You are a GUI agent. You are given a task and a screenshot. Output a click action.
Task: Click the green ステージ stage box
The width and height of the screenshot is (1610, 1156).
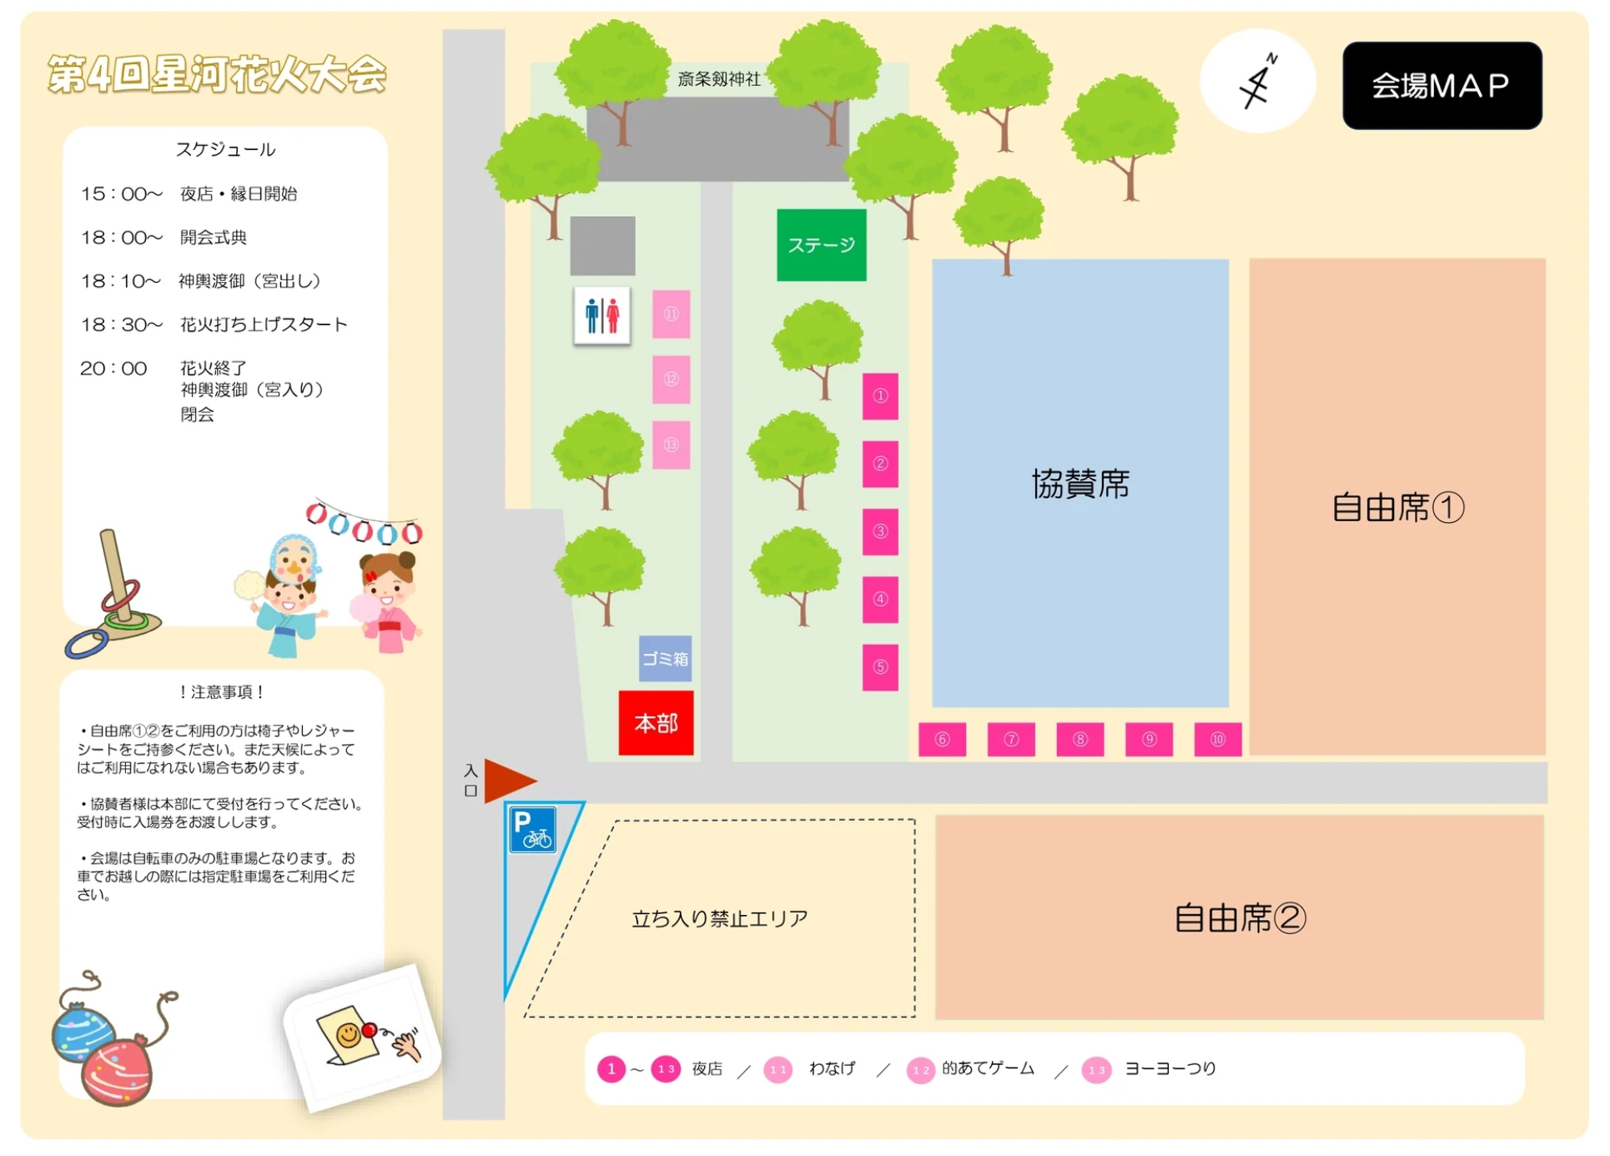pyautogui.click(x=821, y=245)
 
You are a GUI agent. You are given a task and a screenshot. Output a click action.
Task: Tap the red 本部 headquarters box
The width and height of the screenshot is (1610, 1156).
pyautogui.click(x=656, y=723)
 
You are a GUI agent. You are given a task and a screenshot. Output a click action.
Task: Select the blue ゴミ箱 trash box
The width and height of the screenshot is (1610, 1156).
pyautogui.click(x=665, y=659)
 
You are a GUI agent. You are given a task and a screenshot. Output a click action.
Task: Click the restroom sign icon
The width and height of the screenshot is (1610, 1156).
pyautogui.click(x=602, y=316)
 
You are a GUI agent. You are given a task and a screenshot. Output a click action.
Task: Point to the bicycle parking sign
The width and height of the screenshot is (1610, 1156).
pyautogui.click(x=532, y=830)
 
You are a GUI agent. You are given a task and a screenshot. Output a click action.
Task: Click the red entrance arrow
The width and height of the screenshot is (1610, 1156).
pyautogui.click(x=508, y=781)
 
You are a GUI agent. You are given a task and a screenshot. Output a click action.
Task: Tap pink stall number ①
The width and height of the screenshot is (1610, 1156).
pyautogui.click(x=880, y=396)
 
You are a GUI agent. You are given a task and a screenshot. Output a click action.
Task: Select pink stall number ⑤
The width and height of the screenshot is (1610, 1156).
pyautogui.click(x=880, y=667)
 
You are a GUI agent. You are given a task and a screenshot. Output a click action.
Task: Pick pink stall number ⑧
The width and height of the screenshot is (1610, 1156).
pyautogui.click(x=1079, y=740)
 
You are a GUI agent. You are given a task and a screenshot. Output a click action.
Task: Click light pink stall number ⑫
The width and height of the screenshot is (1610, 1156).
pyautogui.click(x=671, y=379)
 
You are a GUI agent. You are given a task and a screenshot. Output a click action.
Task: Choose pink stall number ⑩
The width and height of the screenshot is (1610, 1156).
pyautogui.click(x=1217, y=740)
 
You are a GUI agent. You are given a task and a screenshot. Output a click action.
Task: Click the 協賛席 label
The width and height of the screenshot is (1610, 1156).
pyautogui.click(x=1080, y=484)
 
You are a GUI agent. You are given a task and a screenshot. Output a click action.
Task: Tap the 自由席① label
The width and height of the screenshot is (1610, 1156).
pyautogui.click(x=1397, y=507)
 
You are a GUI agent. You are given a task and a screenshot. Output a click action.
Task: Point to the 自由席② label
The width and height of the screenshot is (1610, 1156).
pyautogui.click(x=1240, y=918)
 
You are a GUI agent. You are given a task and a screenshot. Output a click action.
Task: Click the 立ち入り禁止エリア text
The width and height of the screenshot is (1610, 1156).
pyautogui.click(x=720, y=919)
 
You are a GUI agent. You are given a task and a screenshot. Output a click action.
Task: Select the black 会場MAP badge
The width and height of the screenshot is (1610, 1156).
pyautogui.click(x=1441, y=86)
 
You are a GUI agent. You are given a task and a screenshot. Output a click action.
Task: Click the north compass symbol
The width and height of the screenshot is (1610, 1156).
pyautogui.click(x=1258, y=82)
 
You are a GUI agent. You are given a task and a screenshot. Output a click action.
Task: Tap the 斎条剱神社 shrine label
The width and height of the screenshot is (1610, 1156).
pyautogui.click(x=719, y=79)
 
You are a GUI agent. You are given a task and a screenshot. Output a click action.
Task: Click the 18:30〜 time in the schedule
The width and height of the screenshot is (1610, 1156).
pyautogui.click(x=121, y=324)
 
